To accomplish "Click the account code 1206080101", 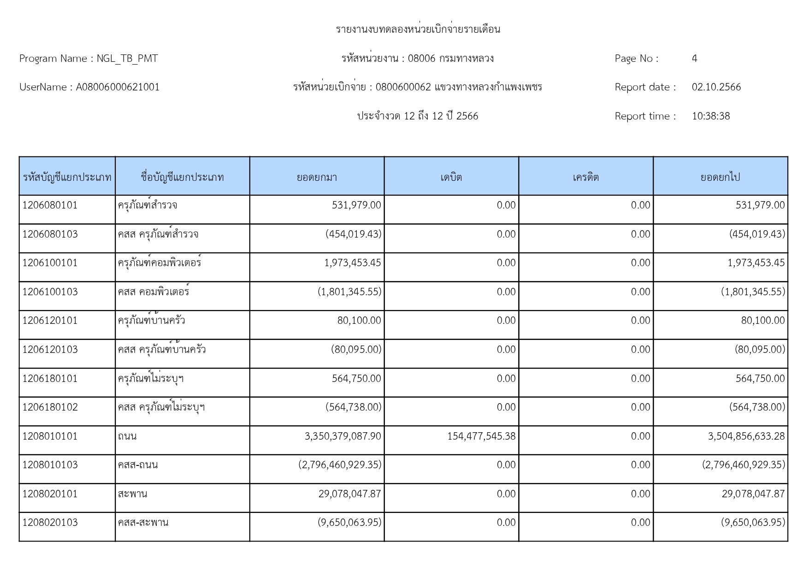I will click(50, 205).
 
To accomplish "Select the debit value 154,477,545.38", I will click(481, 436).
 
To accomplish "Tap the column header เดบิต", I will click(451, 177).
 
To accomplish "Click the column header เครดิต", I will click(585, 177).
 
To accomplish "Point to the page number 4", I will click(694, 59).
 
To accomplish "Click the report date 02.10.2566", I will click(716, 87).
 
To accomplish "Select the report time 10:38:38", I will click(710, 116).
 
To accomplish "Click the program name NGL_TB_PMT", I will click(127, 59).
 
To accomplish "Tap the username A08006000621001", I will click(118, 87).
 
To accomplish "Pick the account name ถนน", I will click(127, 436).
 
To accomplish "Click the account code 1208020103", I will click(50, 523).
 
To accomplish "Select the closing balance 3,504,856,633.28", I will click(746, 436).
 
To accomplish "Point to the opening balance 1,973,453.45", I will click(353, 263).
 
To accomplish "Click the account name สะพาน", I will click(132, 494).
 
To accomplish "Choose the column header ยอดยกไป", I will click(720, 177).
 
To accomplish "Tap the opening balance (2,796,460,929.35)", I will click(340, 465).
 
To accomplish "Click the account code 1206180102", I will click(50, 407).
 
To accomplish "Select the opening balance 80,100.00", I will click(359, 321).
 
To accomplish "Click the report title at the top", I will click(418, 30).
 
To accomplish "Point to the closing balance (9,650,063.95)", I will click(753, 523).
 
